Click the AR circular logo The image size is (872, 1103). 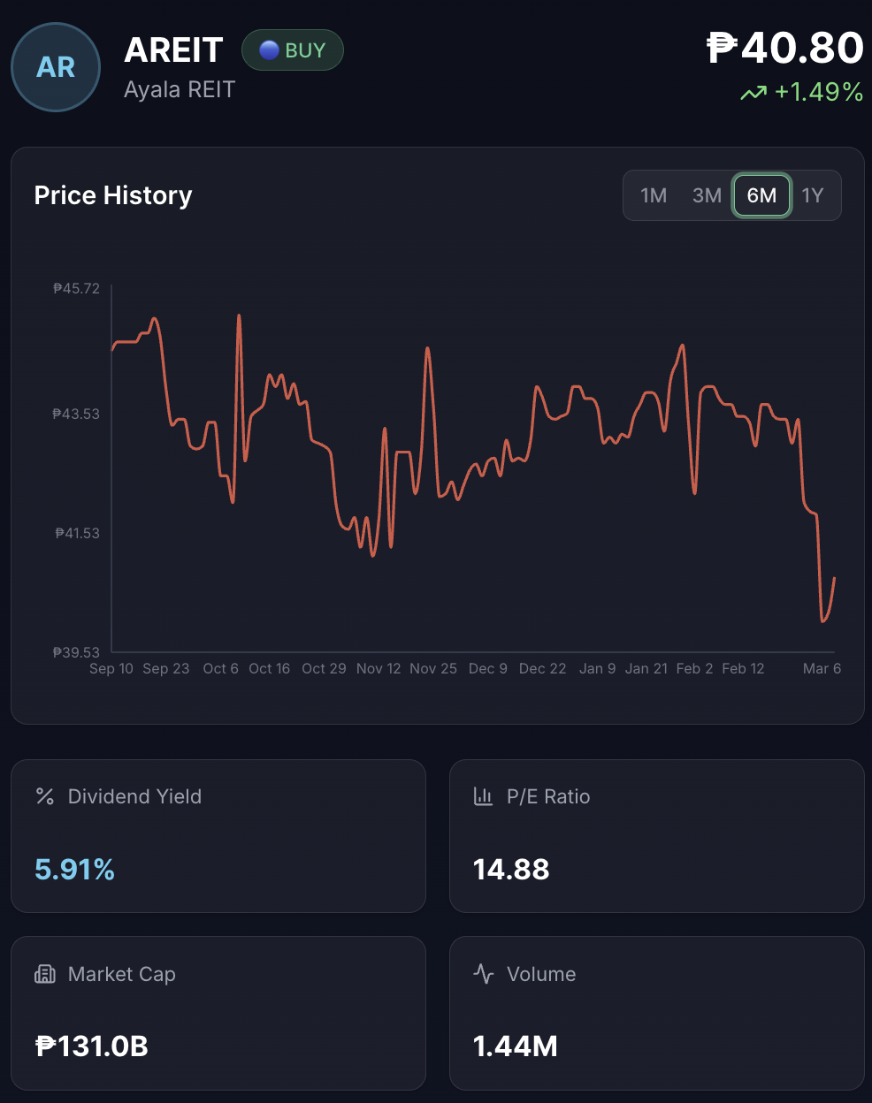click(x=56, y=67)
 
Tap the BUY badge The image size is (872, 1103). click(x=293, y=50)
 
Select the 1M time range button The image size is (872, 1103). click(x=654, y=195)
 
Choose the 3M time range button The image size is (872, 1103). click(x=707, y=195)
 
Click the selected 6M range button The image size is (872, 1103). click(x=761, y=195)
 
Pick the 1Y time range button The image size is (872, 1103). click(x=813, y=195)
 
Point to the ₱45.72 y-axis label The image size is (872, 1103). click(x=77, y=289)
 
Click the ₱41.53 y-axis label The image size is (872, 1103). click(x=78, y=534)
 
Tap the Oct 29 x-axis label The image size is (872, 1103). click(x=324, y=669)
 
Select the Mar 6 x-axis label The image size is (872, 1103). click(x=822, y=669)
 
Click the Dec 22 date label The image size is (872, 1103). click(x=542, y=669)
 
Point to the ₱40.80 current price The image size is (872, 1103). click(x=785, y=48)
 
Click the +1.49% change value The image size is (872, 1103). click(x=818, y=92)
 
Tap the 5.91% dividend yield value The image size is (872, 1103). click(x=75, y=870)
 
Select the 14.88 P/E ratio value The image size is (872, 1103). click(x=511, y=870)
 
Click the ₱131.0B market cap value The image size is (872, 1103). click(x=92, y=1046)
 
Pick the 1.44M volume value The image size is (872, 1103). click(x=516, y=1046)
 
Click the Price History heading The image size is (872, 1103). click(x=113, y=195)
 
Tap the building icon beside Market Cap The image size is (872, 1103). click(x=45, y=974)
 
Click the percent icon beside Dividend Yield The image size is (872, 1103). click(x=45, y=796)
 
